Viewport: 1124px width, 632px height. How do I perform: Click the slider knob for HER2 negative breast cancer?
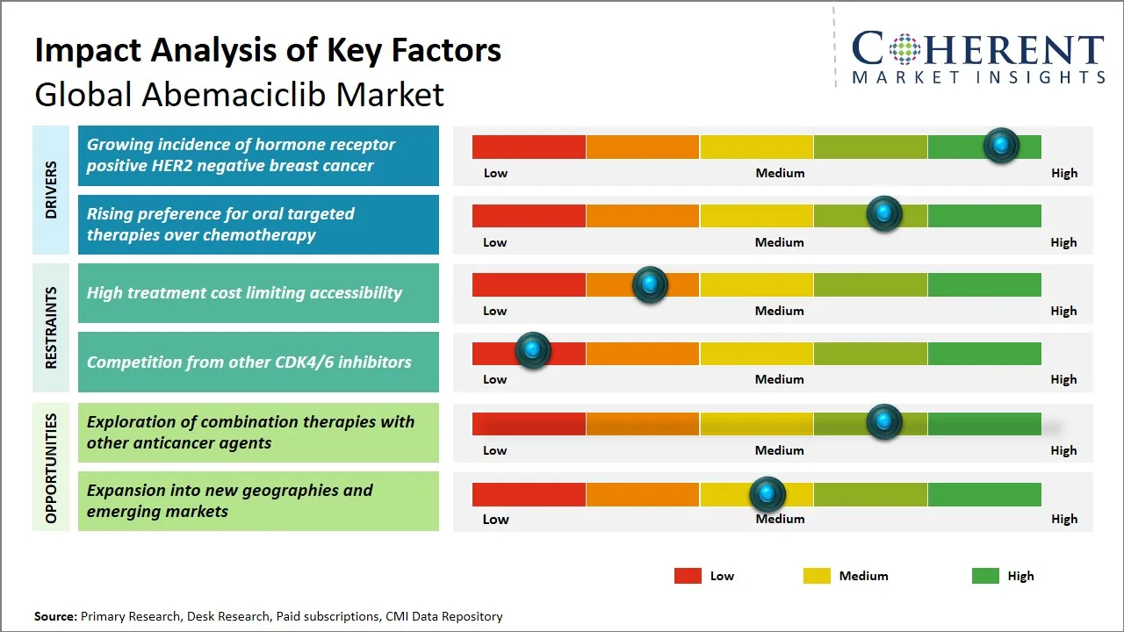point(1001,145)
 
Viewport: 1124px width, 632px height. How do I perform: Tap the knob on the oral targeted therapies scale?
point(884,213)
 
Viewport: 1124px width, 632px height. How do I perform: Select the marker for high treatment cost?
point(650,284)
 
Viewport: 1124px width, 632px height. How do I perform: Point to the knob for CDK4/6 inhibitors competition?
point(532,350)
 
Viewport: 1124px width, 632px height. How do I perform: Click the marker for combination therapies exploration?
point(884,421)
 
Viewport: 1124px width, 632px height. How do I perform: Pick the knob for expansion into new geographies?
point(767,494)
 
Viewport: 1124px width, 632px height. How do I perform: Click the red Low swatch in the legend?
point(688,576)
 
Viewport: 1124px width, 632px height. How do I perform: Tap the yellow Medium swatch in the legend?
point(817,576)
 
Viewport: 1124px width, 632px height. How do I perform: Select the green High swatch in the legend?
point(985,576)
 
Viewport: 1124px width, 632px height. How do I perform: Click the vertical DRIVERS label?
point(51,190)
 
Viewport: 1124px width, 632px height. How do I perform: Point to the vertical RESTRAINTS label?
point(51,327)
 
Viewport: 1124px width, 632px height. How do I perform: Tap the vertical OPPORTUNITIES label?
point(51,468)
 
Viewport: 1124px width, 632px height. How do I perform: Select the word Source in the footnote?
point(55,616)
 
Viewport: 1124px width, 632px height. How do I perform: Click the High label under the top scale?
point(1063,173)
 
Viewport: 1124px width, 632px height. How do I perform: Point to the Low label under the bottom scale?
point(495,519)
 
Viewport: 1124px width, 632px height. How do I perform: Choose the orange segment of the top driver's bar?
point(643,147)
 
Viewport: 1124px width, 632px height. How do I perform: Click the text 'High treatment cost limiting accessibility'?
point(244,293)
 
